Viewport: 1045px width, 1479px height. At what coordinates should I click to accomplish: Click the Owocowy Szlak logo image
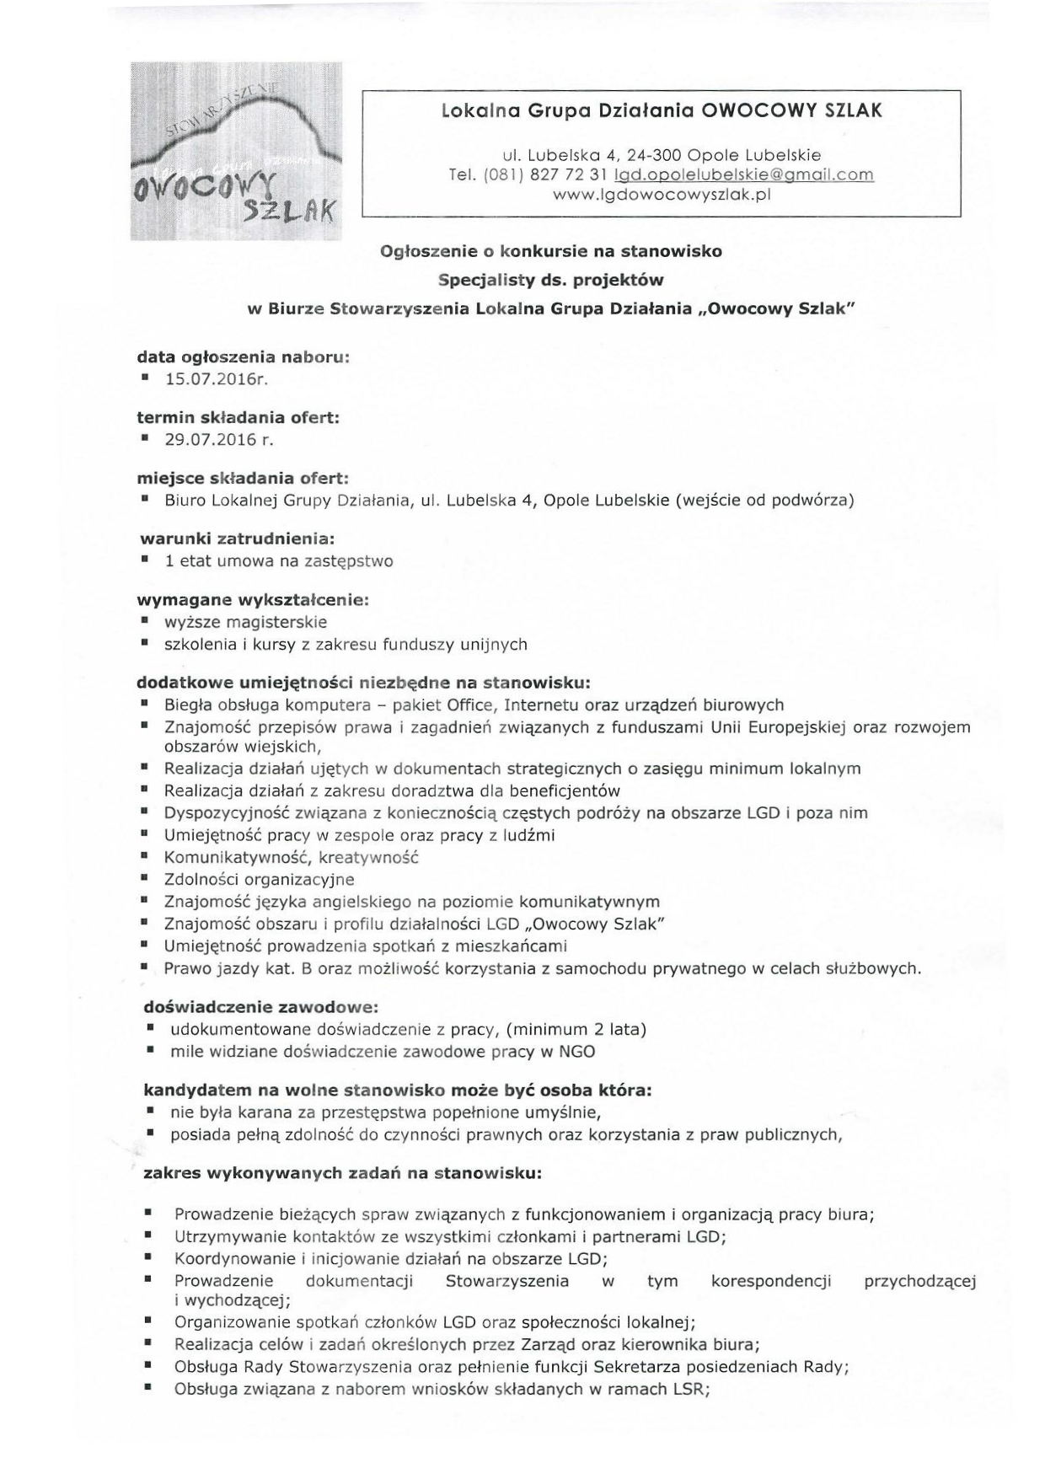(x=236, y=152)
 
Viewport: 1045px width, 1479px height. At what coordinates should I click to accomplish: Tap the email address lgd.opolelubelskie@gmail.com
(x=744, y=174)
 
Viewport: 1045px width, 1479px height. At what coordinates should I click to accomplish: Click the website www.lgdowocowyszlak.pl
(x=662, y=195)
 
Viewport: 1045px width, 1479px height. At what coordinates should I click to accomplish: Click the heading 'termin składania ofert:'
(x=238, y=417)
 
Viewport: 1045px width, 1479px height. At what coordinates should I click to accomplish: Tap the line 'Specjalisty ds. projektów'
(x=551, y=279)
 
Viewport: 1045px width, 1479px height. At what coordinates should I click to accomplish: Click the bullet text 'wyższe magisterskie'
(x=246, y=622)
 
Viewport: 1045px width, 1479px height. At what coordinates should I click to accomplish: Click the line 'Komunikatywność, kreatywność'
(x=292, y=857)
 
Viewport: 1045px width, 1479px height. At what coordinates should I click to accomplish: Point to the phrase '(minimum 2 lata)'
(x=578, y=1029)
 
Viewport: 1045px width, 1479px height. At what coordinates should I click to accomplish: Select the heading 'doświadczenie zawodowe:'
(x=260, y=1006)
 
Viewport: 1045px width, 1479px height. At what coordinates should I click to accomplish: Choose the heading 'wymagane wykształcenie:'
(x=253, y=600)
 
